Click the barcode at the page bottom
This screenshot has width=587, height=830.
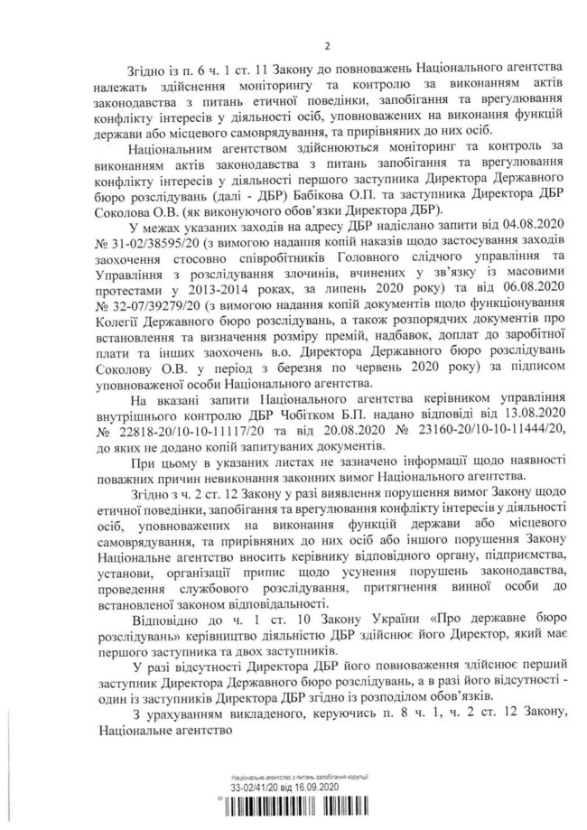(x=299, y=810)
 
